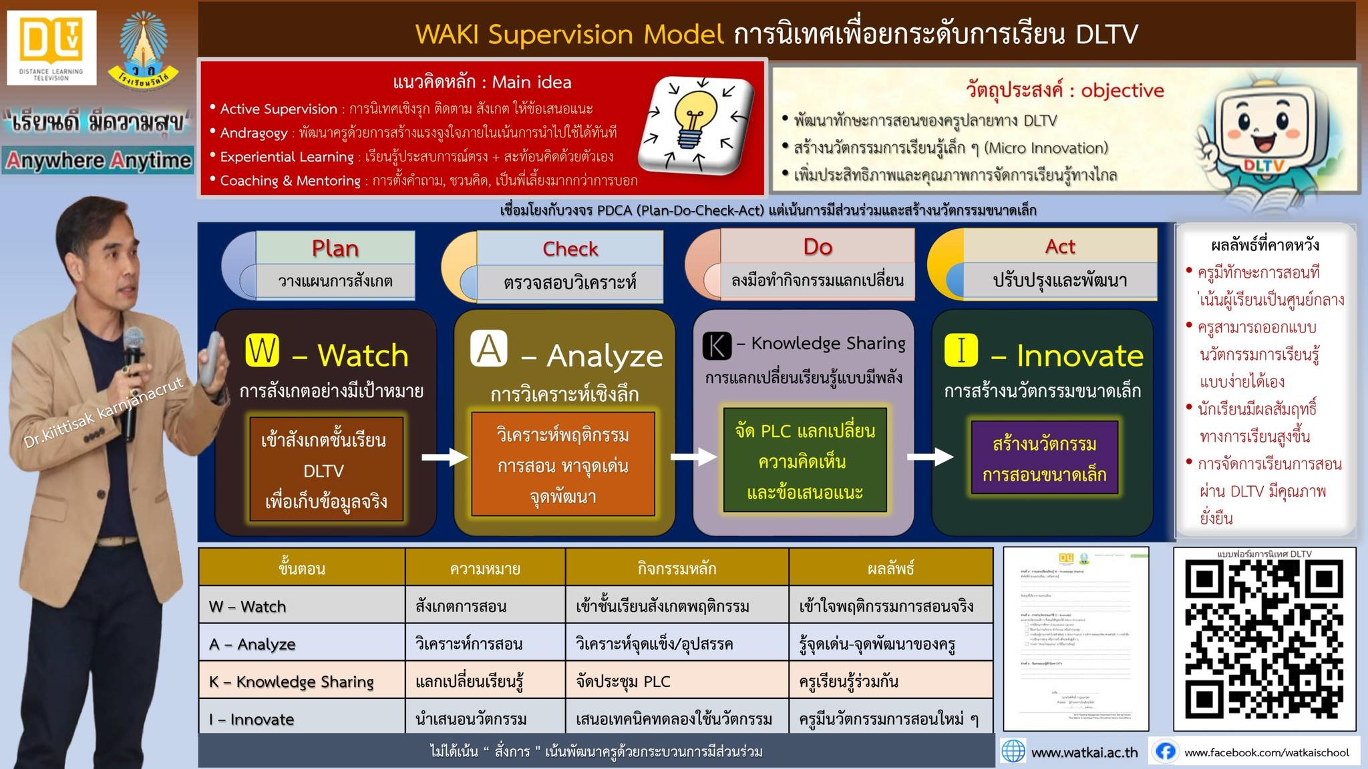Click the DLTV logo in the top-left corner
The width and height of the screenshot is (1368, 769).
[x=51, y=47]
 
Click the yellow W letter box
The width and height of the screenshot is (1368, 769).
[x=262, y=350]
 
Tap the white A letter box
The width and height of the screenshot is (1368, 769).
[x=488, y=349]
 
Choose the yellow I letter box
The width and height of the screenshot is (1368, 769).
[x=961, y=350]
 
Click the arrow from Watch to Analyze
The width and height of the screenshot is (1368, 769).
[x=445, y=457]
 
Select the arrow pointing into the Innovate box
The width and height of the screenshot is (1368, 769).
[x=930, y=457]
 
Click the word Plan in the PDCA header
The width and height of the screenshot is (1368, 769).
[x=335, y=248]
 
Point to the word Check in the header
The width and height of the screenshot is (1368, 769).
[x=570, y=249]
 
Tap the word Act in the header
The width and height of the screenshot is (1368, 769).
[x=1060, y=246]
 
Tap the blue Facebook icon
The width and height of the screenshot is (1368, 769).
[x=1166, y=752]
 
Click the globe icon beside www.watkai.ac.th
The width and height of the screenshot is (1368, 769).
[x=1013, y=752]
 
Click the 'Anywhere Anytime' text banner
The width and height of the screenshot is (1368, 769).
[x=98, y=161]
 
